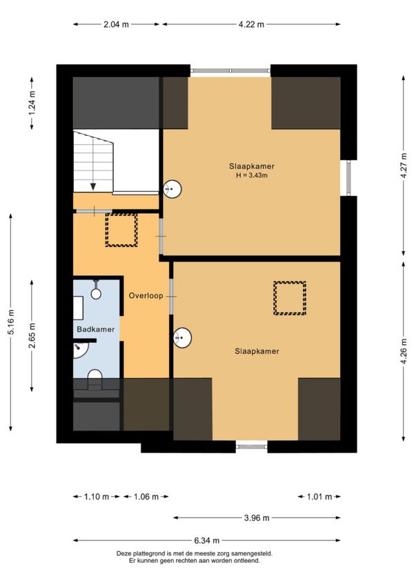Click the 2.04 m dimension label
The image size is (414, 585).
pyautogui.click(x=116, y=25)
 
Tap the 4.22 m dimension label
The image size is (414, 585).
pyautogui.click(x=251, y=25)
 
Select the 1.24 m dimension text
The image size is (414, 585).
pyautogui.click(x=32, y=103)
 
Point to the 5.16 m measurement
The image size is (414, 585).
pyautogui.click(x=11, y=322)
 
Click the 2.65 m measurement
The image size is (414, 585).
pyautogui.click(x=32, y=335)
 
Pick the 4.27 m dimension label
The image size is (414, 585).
pyautogui.click(x=404, y=166)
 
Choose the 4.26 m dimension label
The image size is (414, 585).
pyautogui.click(x=404, y=351)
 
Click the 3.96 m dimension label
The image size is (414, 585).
pyautogui.click(x=257, y=518)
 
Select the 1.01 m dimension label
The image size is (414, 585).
pyautogui.click(x=319, y=497)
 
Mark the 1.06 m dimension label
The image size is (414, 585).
pyautogui.click(x=146, y=497)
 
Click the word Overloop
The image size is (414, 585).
pyautogui.click(x=146, y=296)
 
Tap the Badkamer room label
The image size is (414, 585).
pyautogui.click(x=96, y=330)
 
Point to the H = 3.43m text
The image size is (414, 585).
pyautogui.click(x=252, y=175)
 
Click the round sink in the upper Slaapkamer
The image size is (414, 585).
pyautogui.click(x=172, y=189)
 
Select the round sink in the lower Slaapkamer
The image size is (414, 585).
pyautogui.click(x=182, y=338)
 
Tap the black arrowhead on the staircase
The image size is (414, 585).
pyautogui.click(x=93, y=186)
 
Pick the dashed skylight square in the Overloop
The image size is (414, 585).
pyautogui.click(x=121, y=230)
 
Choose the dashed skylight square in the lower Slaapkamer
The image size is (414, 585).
pyautogui.click(x=290, y=298)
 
